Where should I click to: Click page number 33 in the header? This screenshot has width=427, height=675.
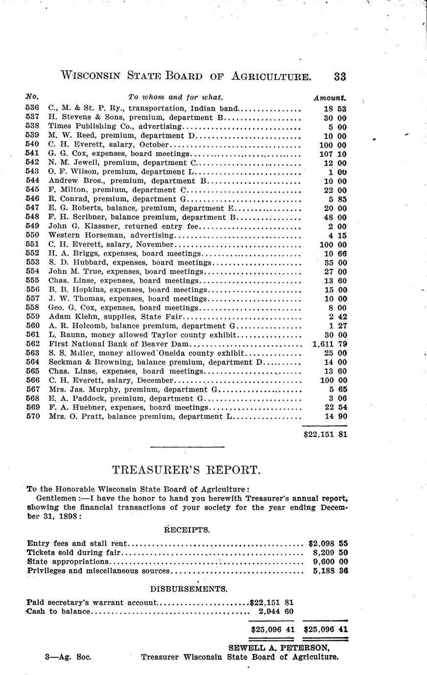click(340, 76)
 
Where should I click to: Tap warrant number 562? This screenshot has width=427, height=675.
click(32, 344)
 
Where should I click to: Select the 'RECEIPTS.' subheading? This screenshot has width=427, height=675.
click(187, 529)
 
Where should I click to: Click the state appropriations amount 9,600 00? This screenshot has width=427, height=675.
click(330, 562)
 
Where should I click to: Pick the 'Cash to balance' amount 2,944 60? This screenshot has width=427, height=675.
click(276, 611)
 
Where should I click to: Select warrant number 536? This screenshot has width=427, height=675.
click(32, 109)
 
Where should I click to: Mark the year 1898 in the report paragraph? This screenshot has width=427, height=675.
click(67, 517)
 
